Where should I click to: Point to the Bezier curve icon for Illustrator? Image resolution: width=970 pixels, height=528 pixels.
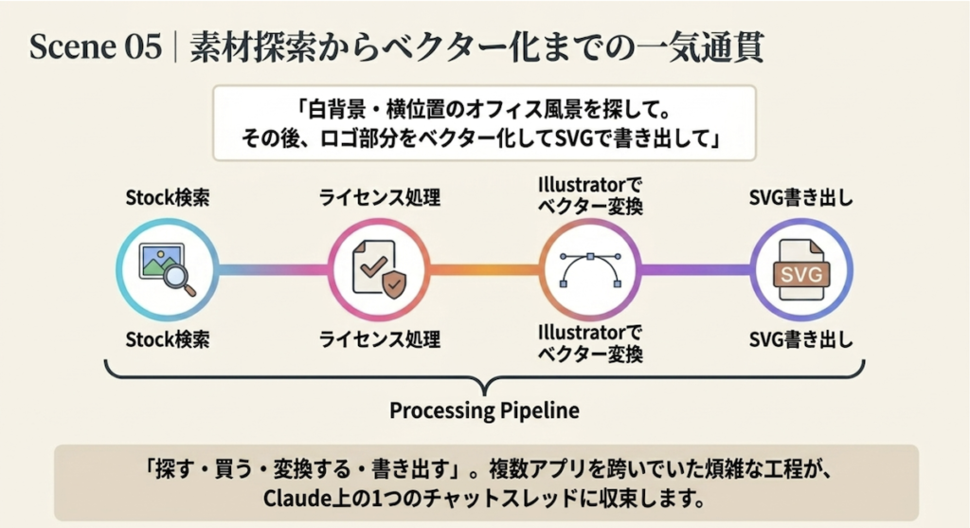coord(589,268)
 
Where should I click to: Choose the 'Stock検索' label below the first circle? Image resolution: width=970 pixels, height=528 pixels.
coord(168,338)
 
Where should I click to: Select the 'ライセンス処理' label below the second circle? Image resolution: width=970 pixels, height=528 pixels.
coord(379,338)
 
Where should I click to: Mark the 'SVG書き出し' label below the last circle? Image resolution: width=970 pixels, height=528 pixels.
coord(801,338)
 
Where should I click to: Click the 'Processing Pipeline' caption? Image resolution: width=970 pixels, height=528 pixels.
coord(484,412)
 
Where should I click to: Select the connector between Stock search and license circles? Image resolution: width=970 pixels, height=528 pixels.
coord(274,268)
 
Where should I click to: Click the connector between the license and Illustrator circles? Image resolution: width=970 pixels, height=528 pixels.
coord(484,268)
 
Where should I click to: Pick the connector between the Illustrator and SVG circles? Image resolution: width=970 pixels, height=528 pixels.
coord(695,268)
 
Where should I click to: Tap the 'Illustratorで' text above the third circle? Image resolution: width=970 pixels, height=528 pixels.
coord(589,185)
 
